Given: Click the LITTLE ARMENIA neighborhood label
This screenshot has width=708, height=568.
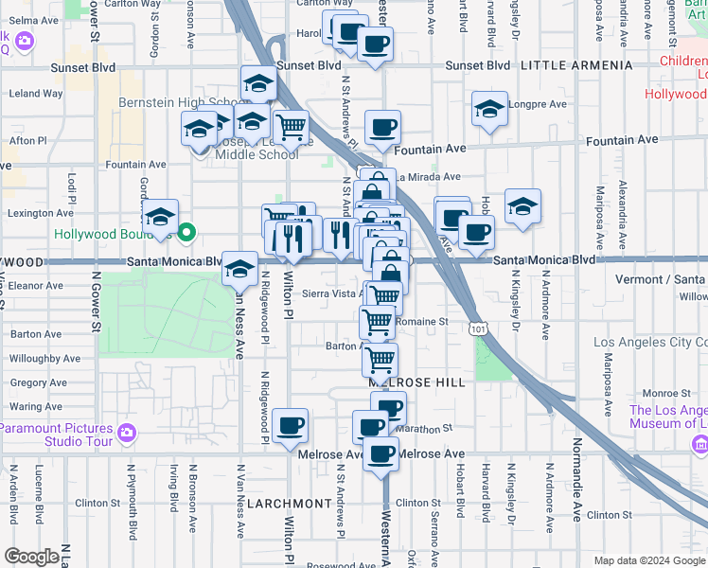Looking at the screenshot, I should tap(575, 65).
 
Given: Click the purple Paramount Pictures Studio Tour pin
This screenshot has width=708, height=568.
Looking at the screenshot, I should tap(127, 434).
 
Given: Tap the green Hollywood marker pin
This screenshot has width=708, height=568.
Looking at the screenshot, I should tap(187, 232).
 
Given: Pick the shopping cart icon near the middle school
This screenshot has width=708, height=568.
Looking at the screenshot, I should tap(291, 126).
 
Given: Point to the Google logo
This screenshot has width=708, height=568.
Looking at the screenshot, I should tap(31, 557).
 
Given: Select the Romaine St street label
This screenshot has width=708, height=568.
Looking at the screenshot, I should tap(422, 322).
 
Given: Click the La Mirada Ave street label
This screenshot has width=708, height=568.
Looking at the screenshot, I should tap(428, 176).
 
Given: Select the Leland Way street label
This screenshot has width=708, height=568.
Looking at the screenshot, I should tap(35, 94).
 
